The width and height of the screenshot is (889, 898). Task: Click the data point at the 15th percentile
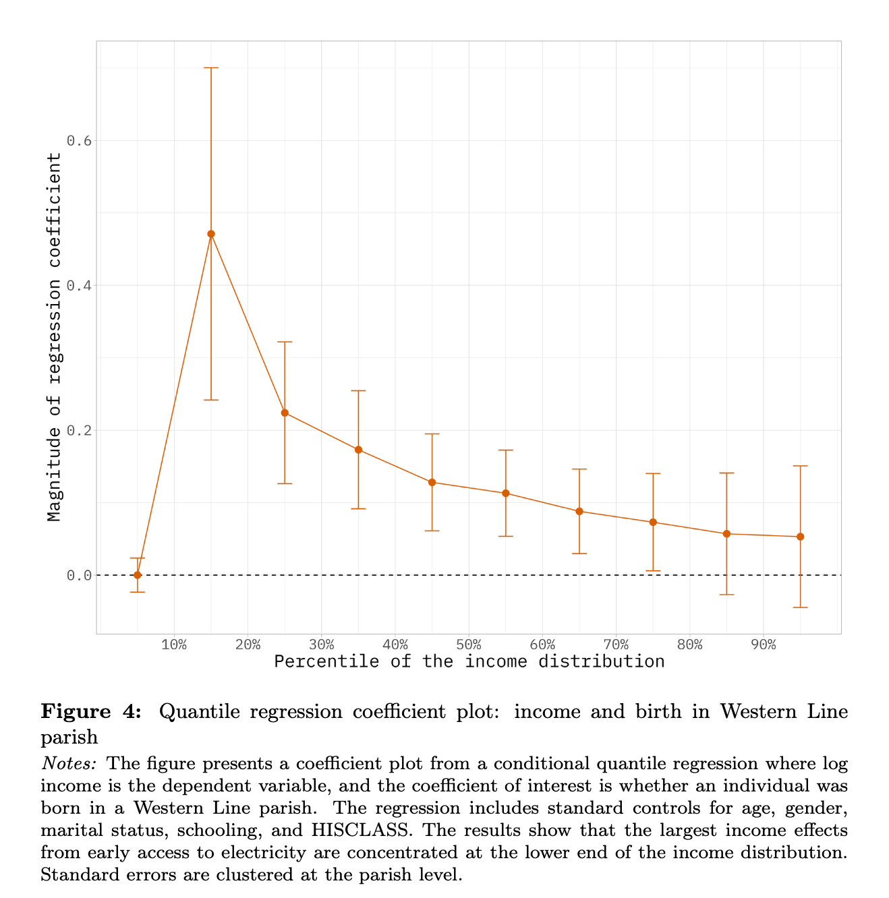[211, 234]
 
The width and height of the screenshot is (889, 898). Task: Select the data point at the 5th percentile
[138, 575]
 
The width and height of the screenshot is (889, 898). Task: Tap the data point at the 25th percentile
[285, 413]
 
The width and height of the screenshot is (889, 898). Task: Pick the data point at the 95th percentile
[800, 537]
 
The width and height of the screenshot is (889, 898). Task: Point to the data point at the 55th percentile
[505, 493]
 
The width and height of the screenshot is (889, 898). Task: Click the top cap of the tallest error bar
[211, 68]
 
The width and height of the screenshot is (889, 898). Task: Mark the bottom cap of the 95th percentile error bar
[800, 607]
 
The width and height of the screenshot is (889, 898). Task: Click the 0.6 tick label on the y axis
[78, 140]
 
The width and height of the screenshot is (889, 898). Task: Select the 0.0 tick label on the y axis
[78, 575]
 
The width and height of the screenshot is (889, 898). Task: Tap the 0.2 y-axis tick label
[78, 430]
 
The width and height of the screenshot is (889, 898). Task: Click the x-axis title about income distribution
[469, 661]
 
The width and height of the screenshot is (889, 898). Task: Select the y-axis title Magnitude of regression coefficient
[55, 337]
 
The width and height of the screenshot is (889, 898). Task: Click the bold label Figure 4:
[91, 712]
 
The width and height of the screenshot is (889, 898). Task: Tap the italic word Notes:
[69, 764]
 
